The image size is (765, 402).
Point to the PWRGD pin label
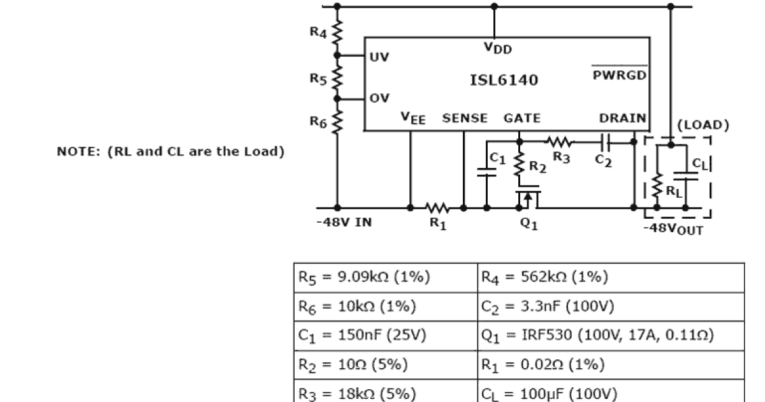click(x=619, y=74)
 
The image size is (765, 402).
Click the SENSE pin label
click(x=465, y=118)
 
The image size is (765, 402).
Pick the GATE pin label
click(x=521, y=118)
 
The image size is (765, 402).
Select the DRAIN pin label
click(x=622, y=118)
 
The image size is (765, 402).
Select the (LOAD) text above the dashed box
click(x=702, y=124)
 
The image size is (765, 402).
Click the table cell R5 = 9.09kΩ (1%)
click(x=364, y=278)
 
